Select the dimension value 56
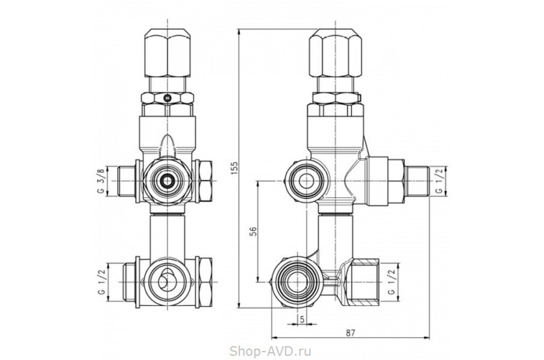click(253, 231)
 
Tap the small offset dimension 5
click(302, 320)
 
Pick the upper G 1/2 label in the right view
click(439, 181)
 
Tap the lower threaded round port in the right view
click(295, 280)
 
